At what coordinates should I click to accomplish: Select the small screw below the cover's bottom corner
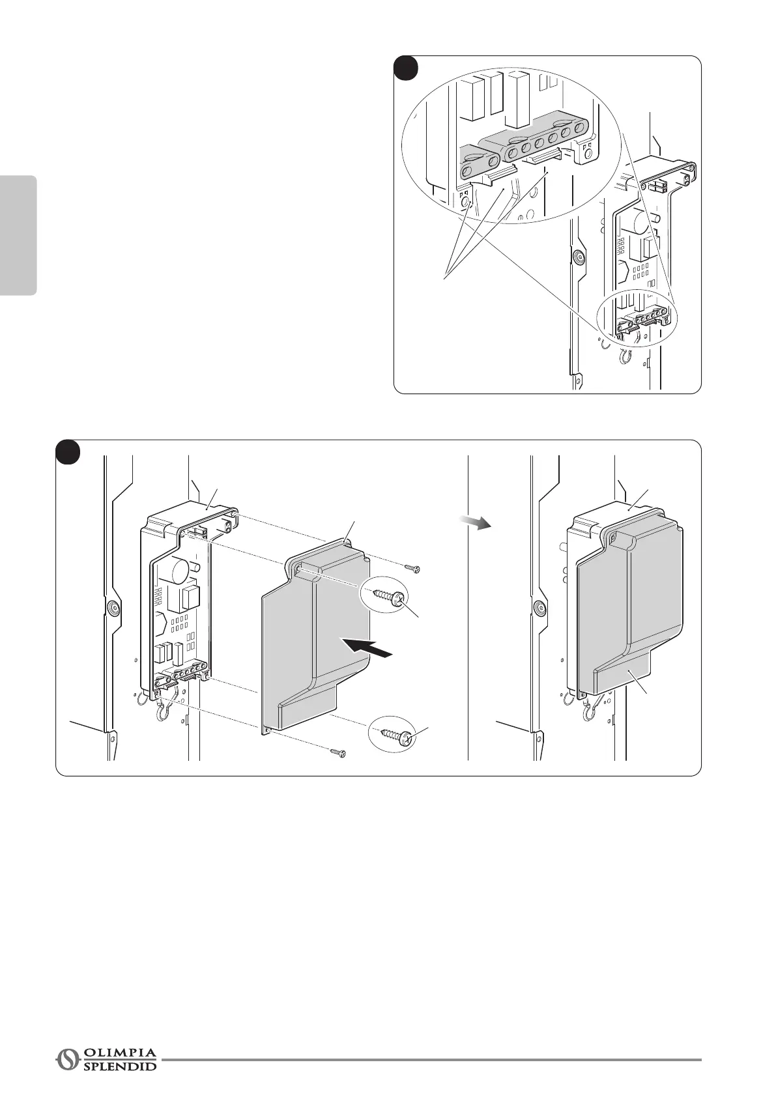(x=338, y=752)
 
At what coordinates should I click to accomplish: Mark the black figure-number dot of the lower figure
(x=67, y=452)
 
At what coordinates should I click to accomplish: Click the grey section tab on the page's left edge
(x=18, y=235)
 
